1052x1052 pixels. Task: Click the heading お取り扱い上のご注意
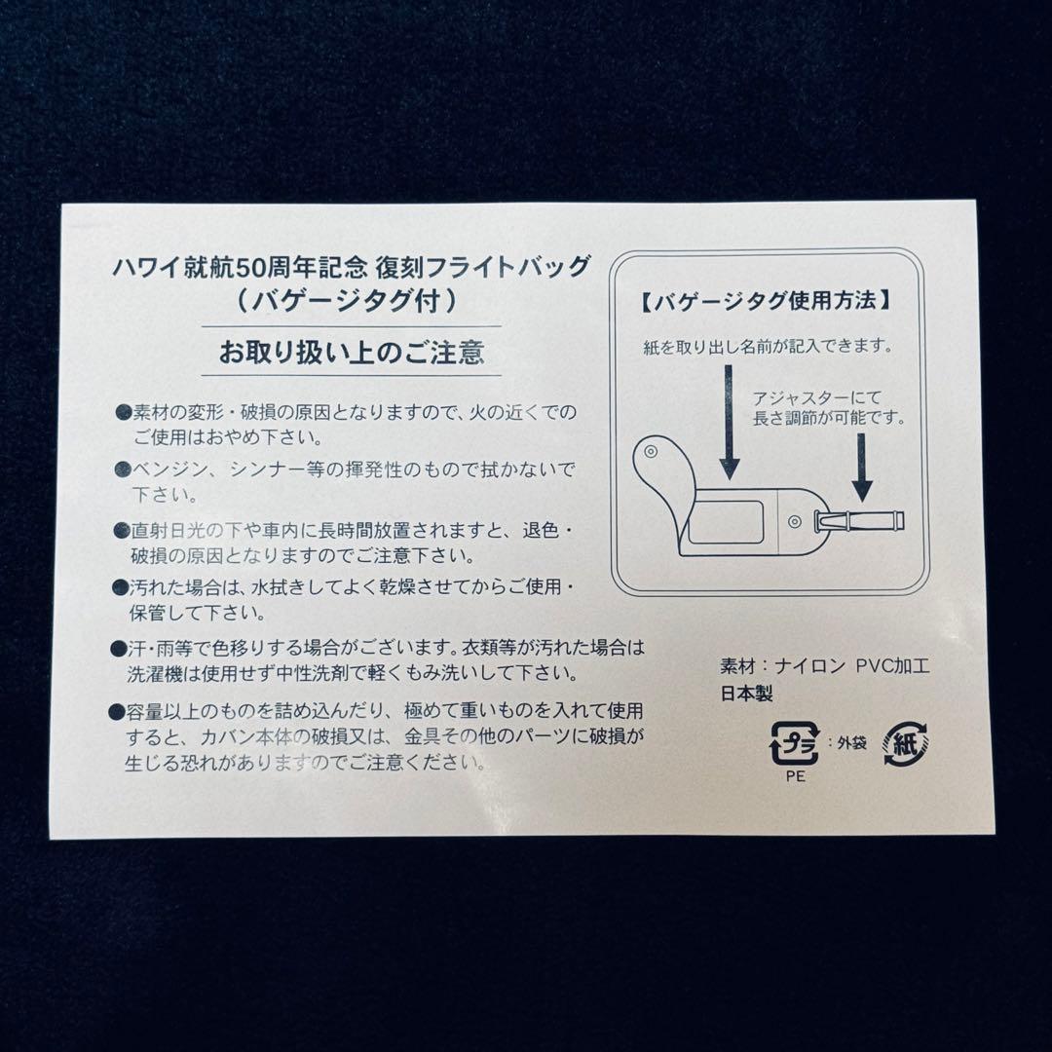tap(351, 351)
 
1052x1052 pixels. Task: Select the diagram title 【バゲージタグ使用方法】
tap(766, 301)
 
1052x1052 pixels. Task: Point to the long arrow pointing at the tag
tap(729, 420)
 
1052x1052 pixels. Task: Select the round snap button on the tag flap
tap(651, 456)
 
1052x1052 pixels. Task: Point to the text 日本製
tap(745, 694)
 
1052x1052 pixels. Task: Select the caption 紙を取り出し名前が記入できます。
tap(767, 347)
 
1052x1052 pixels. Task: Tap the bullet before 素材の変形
tap(124, 412)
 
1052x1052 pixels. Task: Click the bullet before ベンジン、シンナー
tap(124, 470)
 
